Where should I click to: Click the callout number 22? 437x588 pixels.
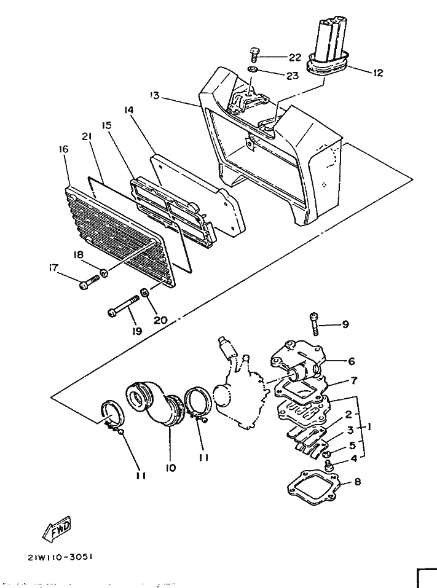(x=296, y=57)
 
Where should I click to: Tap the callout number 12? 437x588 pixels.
(x=377, y=73)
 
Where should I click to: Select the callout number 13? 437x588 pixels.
(x=154, y=95)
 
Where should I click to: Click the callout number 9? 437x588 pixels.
(x=345, y=324)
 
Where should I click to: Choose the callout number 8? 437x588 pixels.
(x=358, y=482)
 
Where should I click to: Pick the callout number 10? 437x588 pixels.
(x=170, y=468)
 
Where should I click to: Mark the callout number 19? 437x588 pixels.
(x=136, y=331)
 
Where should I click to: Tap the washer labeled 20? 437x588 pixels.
(x=144, y=293)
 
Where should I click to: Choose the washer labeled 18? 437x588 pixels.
(x=104, y=273)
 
